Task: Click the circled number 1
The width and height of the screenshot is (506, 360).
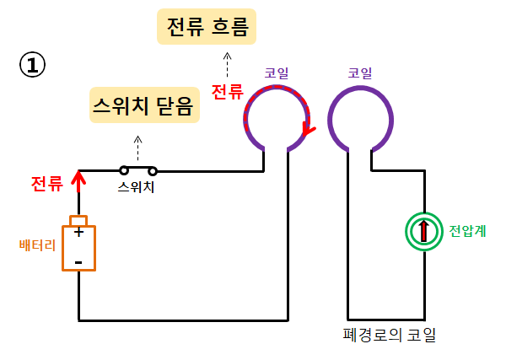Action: [31, 66]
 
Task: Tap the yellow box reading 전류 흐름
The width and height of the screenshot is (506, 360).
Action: [207, 28]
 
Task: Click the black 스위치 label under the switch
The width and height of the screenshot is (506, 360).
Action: [137, 187]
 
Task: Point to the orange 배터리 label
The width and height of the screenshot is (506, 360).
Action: [37, 245]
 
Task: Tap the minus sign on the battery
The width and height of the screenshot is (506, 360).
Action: [78, 262]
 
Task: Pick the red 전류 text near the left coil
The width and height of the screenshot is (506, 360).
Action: [227, 92]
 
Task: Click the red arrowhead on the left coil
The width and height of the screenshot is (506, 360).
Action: [309, 130]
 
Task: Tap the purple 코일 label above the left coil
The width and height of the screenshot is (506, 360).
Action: [277, 73]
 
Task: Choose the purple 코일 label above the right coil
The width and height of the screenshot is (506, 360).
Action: [360, 73]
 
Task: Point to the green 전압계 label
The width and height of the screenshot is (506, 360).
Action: [466, 230]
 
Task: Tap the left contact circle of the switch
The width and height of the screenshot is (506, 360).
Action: [124, 170]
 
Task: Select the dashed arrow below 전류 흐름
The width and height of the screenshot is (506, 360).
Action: [226, 64]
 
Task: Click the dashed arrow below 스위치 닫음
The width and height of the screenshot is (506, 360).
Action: [138, 143]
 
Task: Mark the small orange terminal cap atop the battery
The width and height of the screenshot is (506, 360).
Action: [78, 220]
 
